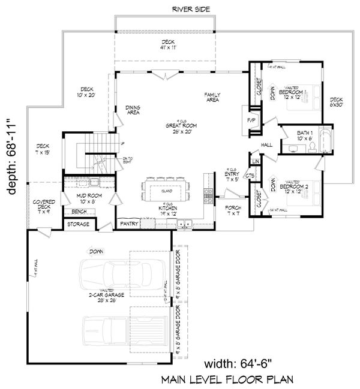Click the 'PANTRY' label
click(x=129, y=224)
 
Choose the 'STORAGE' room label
click(x=79, y=224)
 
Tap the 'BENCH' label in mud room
click(x=78, y=212)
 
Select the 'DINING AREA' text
click(x=133, y=110)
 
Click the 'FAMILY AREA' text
click(x=212, y=97)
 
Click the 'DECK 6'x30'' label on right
click(x=337, y=103)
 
